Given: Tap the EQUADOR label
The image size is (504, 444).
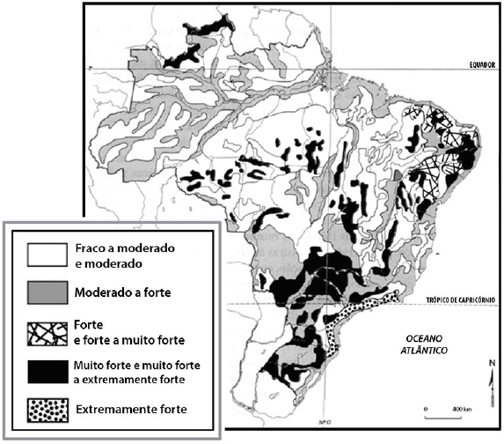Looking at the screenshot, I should tap(478, 65).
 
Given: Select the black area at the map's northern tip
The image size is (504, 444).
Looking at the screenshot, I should tap(208, 29).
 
